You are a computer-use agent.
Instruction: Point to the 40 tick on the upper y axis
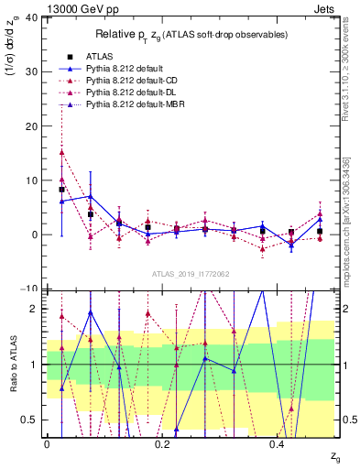click(32, 18)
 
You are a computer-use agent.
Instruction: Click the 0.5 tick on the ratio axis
click(30, 420)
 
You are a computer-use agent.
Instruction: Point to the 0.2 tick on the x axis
click(161, 442)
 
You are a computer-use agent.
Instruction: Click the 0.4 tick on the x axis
click(277, 442)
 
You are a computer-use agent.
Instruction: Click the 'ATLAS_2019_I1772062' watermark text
click(190, 274)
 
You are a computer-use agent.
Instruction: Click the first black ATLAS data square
click(61, 190)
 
